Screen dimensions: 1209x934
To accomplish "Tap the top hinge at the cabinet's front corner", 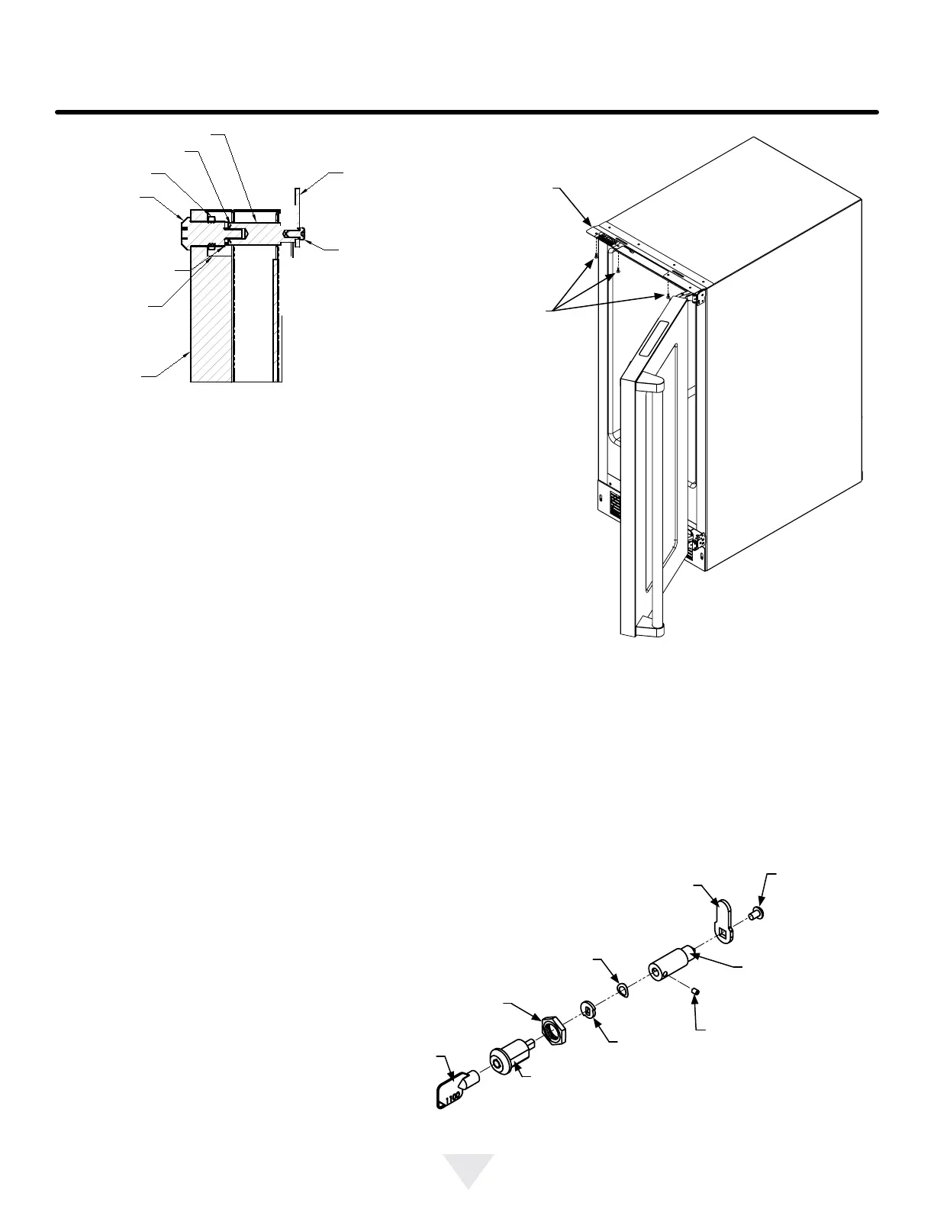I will tap(696, 296).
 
